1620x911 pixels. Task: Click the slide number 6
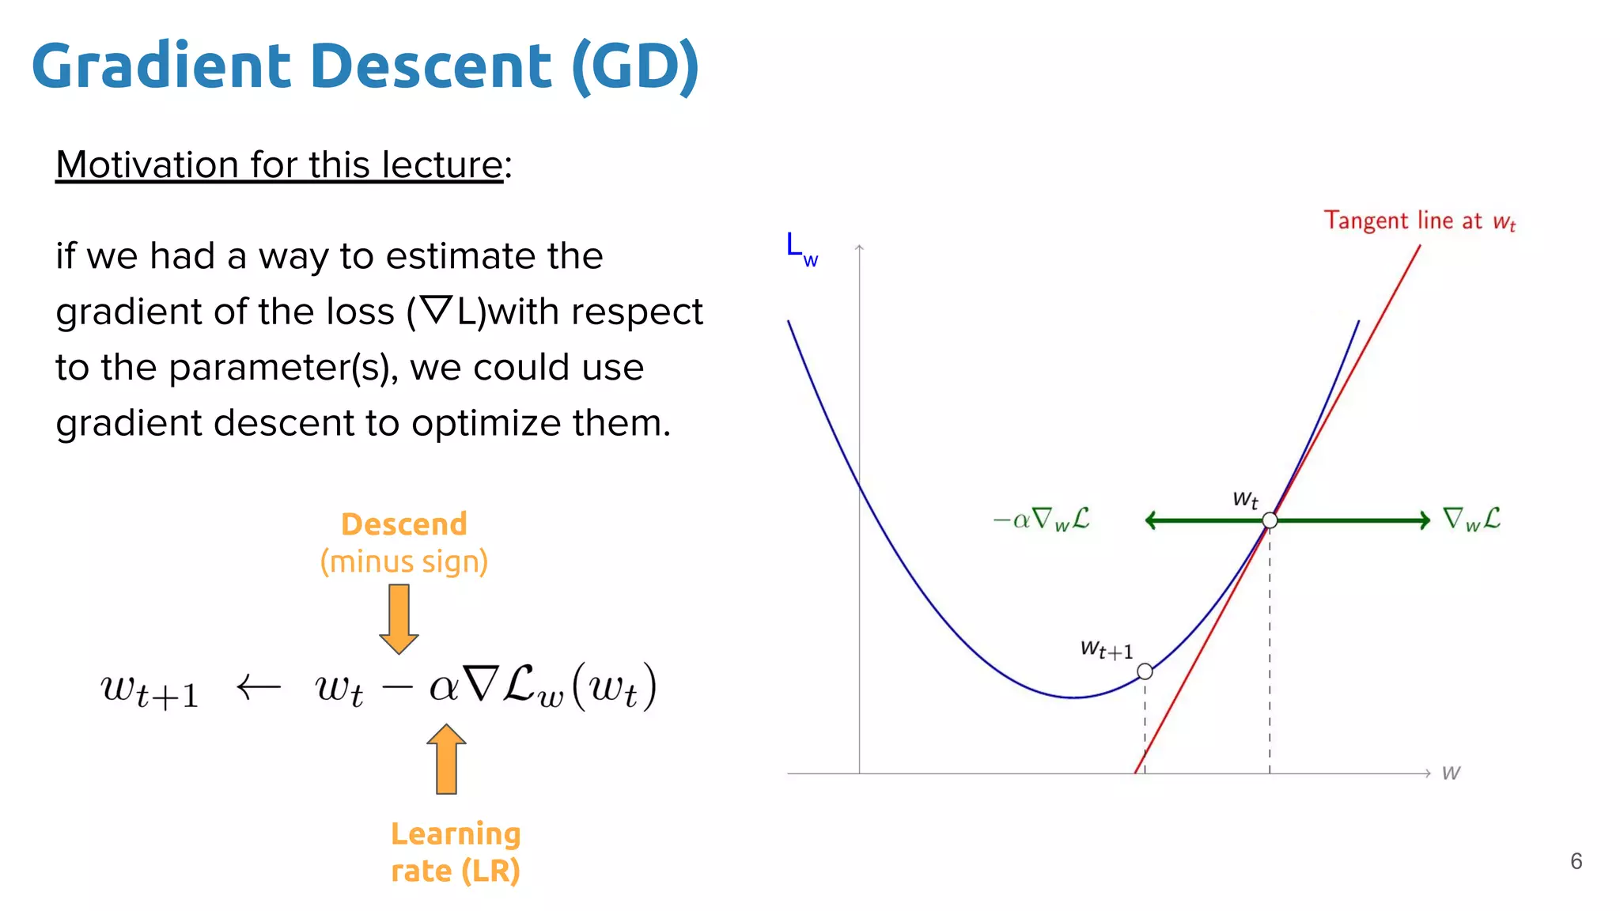pyautogui.click(x=1576, y=861)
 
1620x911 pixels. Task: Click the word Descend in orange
pyautogui.click(x=403, y=524)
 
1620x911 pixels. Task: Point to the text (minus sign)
pyautogui.click(x=403, y=561)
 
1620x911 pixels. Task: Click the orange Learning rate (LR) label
pyautogui.click(x=456, y=852)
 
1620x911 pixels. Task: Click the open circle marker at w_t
pyautogui.click(x=1270, y=520)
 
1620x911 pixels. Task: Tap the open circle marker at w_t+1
pyautogui.click(x=1145, y=671)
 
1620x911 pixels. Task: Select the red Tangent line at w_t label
pyautogui.click(x=1419, y=221)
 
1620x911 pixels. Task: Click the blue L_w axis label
pyautogui.click(x=801, y=248)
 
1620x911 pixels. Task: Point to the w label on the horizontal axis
pyautogui.click(x=1451, y=773)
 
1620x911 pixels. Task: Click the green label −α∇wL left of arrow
pyautogui.click(x=1042, y=520)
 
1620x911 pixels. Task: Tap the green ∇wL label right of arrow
pyautogui.click(x=1471, y=520)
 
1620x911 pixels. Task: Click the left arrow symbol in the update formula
pyautogui.click(x=259, y=686)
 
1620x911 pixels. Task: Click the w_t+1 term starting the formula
pyautogui.click(x=150, y=690)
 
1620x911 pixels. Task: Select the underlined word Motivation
pyautogui.click(x=147, y=164)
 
